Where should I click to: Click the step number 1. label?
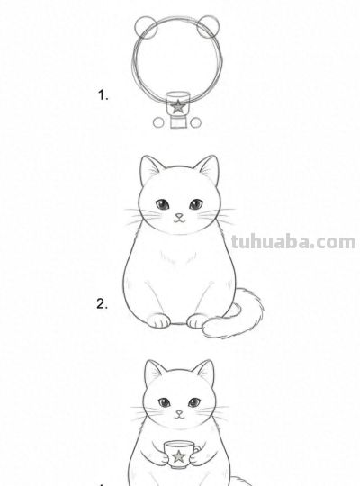click(x=103, y=94)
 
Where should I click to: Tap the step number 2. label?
click(x=103, y=303)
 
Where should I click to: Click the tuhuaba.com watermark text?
click(x=292, y=241)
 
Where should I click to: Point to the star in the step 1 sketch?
click(x=178, y=106)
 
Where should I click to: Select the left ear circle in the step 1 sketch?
click(x=148, y=26)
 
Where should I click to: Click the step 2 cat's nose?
click(x=178, y=216)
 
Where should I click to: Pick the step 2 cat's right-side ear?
click(x=208, y=170)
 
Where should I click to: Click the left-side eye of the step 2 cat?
click(x=162, y=204)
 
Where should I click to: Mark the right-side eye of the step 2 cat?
click(x=194, y=204)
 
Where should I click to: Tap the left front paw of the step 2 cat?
click(x=159, y=319)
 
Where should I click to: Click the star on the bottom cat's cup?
click(x=178, y=456)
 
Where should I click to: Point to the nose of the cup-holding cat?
click(x=178, y=413)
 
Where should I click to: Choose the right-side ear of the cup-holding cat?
click(x=206, y=373)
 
